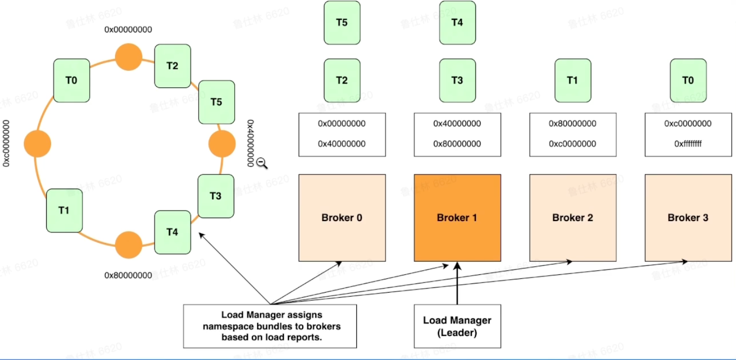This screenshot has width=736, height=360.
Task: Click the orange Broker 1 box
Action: click(x=457, y=218)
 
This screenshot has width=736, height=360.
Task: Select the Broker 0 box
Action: click(x=342, y=218)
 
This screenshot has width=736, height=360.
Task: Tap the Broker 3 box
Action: click(x=688, y=218)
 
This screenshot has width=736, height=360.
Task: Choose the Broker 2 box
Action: click(x=573, y=218)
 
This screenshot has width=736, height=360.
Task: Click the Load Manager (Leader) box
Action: click(x=457, y=326)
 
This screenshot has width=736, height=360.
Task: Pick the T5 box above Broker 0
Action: click(x=342, y=22)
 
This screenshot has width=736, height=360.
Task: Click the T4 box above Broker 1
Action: click(x=457, y=22)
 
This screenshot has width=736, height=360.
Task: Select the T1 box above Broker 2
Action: click(x=573, y=80)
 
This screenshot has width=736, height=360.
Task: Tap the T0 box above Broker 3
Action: click(x=688, y=80)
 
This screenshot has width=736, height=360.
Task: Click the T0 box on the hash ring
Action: click(x=71, y=80)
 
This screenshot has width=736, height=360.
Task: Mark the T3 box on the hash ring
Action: click(x=215, y=196)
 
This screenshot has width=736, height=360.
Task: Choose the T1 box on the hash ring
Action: click(x=64, y=210)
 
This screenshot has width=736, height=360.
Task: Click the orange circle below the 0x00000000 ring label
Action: click(x=128, y=57)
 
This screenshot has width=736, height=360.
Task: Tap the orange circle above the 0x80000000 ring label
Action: click(x=128, y=245)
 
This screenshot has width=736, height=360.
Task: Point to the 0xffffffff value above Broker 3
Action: click(x=688, y=144)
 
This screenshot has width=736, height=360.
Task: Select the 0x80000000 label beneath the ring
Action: click(x=128, y=275)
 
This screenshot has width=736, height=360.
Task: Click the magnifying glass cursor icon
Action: click(x=261, y=163)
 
